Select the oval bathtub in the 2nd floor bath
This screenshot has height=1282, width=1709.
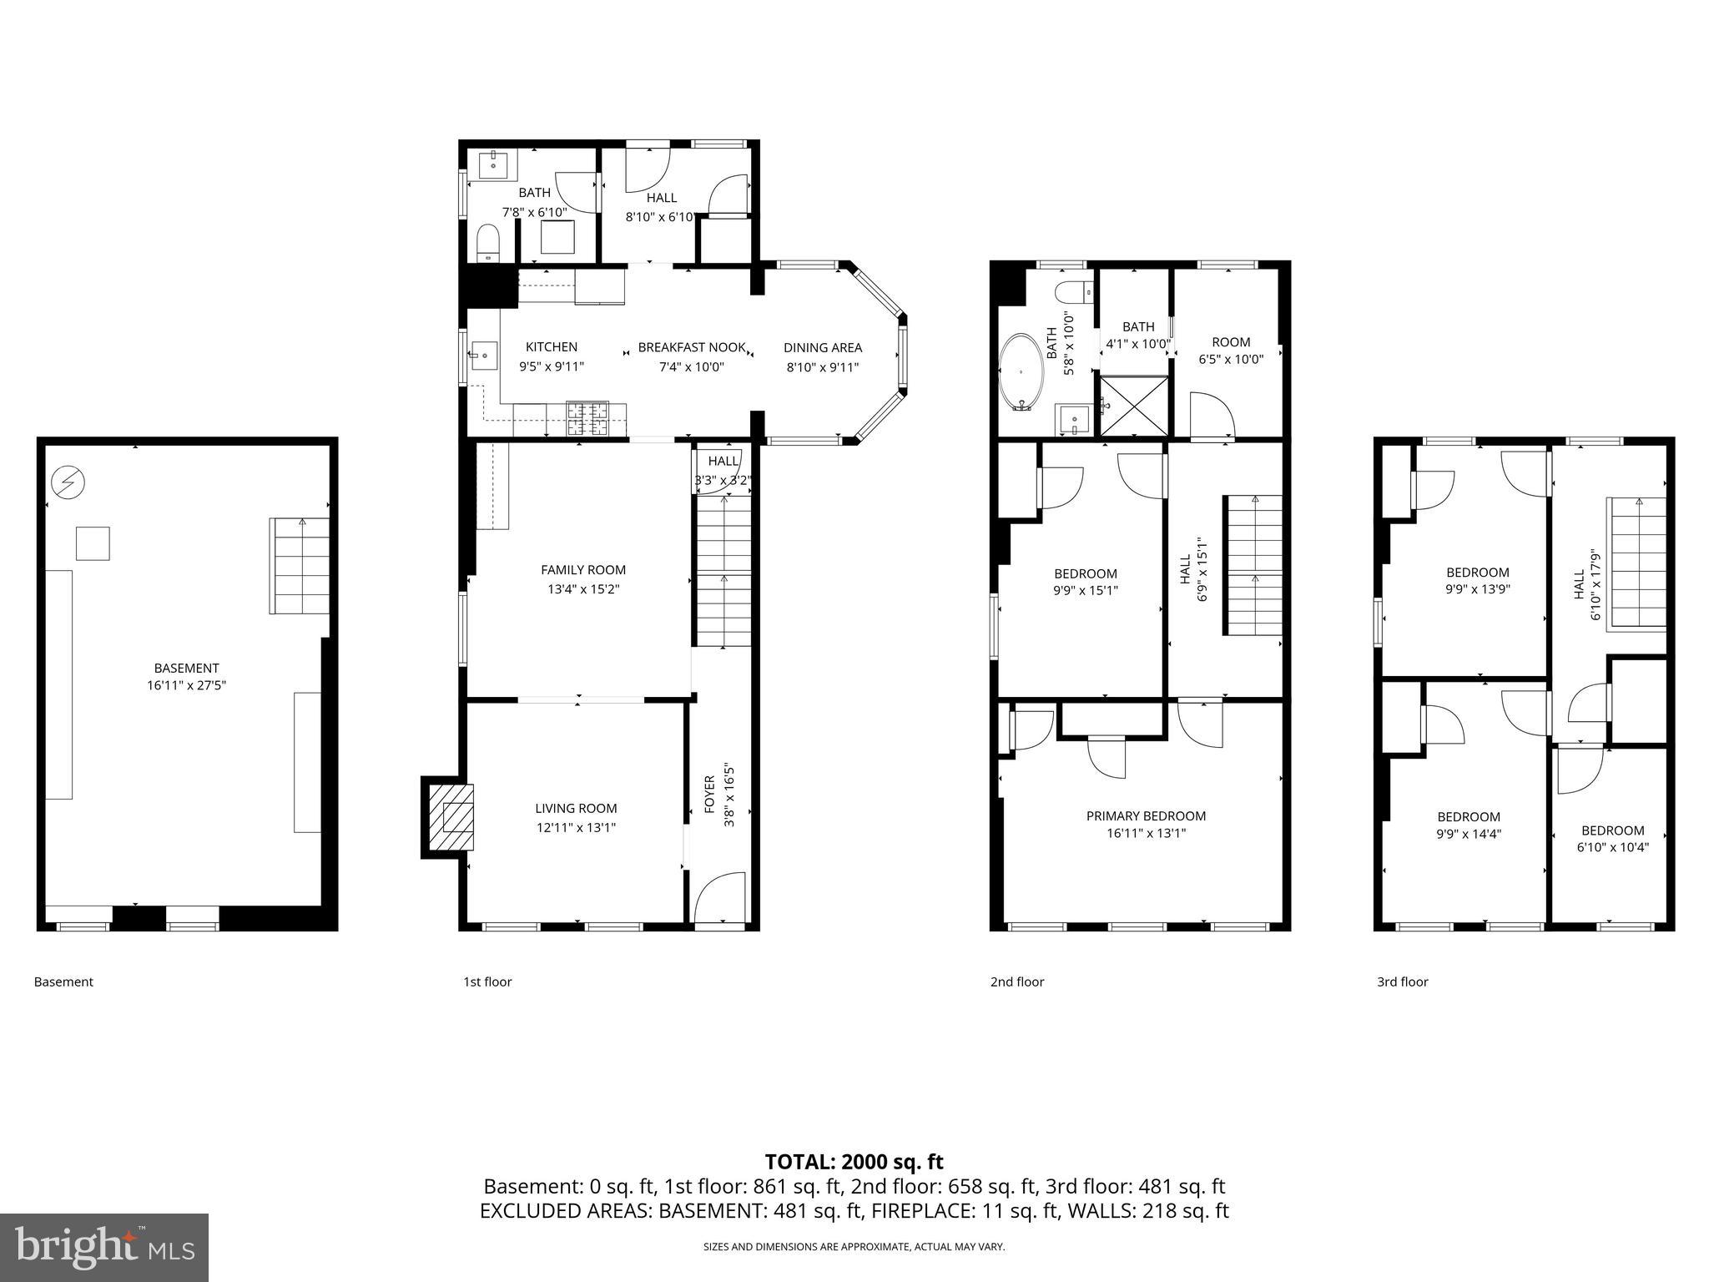[x=1021, y=372]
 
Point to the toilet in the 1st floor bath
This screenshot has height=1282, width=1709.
[x=487, y=243]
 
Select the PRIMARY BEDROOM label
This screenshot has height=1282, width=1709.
[x=1146, y=815]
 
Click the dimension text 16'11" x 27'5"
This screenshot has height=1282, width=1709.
[x=186, y=685]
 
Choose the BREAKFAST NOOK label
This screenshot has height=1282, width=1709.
[x=692, y=347]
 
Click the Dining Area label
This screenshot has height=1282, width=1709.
[x=822, y=347]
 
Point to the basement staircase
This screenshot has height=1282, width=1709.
[x=299, y=566]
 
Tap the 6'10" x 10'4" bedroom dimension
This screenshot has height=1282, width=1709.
[x=1612, y=847]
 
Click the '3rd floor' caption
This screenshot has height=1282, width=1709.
[x=1402, y=982]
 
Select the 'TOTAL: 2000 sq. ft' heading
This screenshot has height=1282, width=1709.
[x=854, y=1161]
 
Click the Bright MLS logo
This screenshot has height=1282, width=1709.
[x=104, y=1247]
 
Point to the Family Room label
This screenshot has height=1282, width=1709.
[x=582, y=570]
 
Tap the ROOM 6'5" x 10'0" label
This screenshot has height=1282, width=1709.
[x=1231, y=351]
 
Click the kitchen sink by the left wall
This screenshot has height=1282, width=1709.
[x=483, y=356]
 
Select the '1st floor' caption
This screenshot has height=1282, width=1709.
[x=487, y=982]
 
